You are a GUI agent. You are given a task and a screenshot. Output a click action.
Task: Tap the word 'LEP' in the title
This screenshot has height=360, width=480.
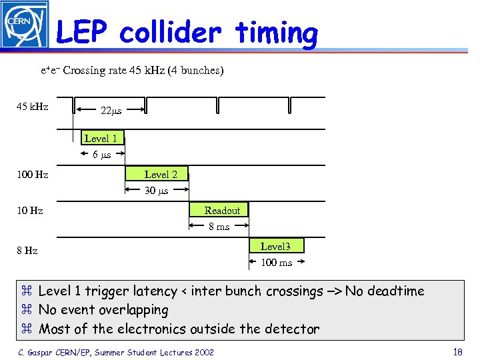pyautogui.click(x=83, y=32)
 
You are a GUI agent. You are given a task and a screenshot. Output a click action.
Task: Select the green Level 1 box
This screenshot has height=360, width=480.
pyautogui.click(x=101, y=138)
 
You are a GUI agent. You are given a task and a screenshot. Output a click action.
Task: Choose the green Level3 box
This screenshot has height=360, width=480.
pyautogui.click(x=275, y=246)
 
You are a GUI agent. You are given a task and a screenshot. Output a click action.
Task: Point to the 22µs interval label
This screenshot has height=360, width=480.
pyautogui.click(x=111, y=110)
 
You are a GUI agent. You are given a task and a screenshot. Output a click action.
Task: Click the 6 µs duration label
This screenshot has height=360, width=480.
pyautogui.click(x=101, y=155)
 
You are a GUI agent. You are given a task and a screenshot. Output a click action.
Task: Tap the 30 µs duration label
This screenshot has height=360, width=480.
pyautogui.click(x=157, y=191)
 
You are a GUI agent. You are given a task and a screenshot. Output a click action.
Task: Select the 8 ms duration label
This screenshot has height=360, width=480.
pyautogui.click(x=219, y=227)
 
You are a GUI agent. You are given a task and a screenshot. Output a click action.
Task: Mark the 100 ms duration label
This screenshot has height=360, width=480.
pyautogui.click(x=276, y=263)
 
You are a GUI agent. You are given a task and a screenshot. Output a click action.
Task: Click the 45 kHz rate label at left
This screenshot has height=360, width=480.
pyautogui.click(x=32, y=106)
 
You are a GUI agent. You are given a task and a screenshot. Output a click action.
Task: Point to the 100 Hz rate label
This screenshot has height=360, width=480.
pyautogui.click(x=32, y=175)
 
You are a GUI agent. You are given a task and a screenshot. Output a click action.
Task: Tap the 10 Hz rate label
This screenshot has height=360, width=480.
pyautogui.click(x=29, y=211)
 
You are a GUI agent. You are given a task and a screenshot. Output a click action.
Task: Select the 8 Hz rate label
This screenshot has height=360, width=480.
pyautogui.click(x=27, y=251)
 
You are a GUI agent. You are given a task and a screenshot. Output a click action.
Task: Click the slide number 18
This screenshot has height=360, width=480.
pyautogui.click(x=457, y=352)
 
